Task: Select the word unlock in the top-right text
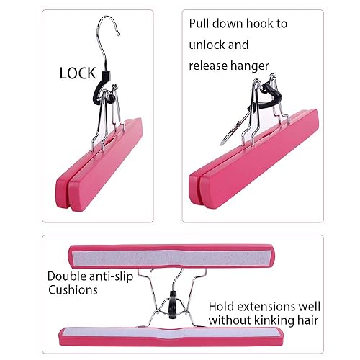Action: [209, 45]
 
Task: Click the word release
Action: [208, 66]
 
